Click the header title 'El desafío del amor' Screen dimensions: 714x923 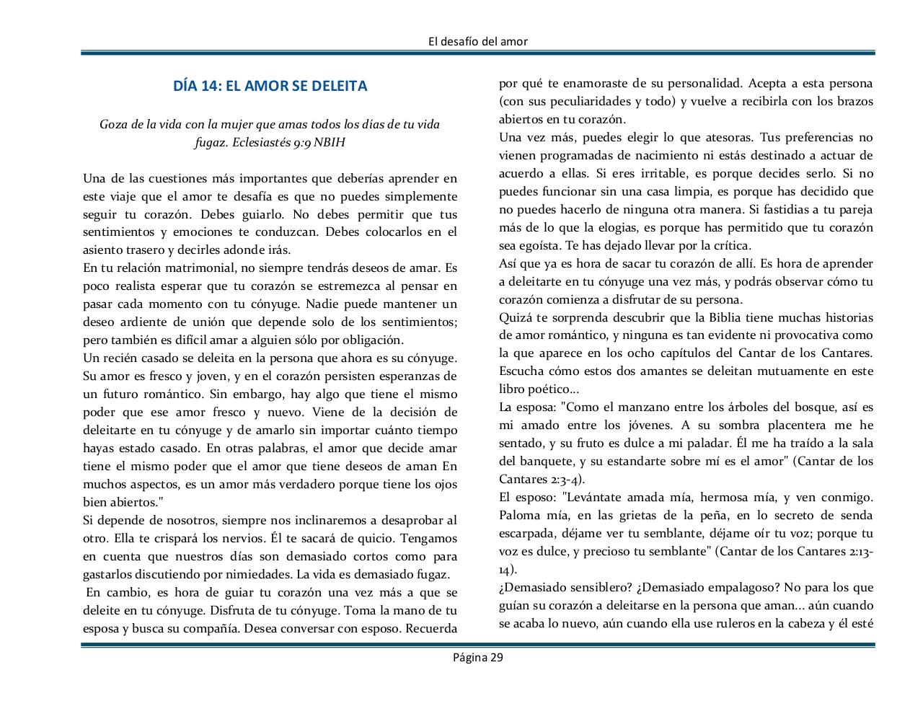point(477,41)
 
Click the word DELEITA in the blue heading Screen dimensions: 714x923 point(337,86)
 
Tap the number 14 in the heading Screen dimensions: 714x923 point(210,86)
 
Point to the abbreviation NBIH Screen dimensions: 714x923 point(329,142)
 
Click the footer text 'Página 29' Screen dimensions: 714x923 point(477,657)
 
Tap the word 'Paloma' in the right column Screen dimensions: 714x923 point(520,515)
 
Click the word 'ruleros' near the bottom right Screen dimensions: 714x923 point(726,623)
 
